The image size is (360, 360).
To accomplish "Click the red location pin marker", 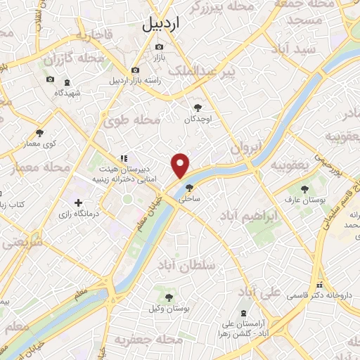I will click(181, 165).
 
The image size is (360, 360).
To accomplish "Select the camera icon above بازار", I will click(160, 47).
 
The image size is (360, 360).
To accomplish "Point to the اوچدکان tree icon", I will click(198, 108).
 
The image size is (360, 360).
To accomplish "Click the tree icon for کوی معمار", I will click(39, 133).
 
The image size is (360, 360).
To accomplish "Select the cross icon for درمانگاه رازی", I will click(77, 203).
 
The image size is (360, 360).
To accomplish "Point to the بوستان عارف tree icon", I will click(304, 188).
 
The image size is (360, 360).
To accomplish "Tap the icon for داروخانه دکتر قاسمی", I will click(320, 285).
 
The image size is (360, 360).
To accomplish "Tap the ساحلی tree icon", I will click(188, 188).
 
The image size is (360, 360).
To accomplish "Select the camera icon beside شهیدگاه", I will click(50, 79).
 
